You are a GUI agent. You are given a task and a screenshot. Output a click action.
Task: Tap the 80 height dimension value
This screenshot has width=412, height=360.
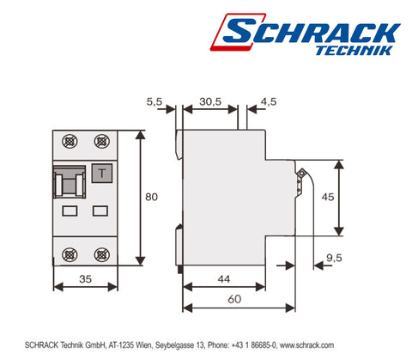tap(151, 198)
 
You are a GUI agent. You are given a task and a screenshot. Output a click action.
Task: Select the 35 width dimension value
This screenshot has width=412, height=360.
tap(83, 278)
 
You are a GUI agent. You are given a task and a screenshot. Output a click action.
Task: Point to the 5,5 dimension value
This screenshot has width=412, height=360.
tap(155, 101)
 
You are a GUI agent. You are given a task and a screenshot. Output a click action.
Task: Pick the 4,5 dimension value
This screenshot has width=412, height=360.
tap(267, 101)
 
